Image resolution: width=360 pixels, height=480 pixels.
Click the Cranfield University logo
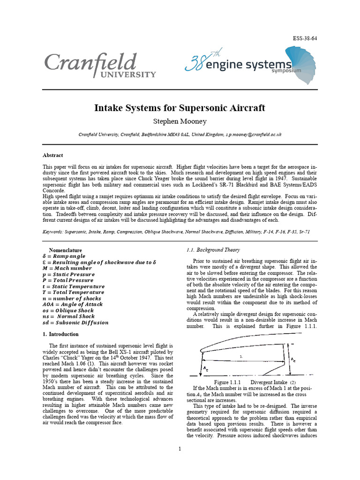pyautogui.click(x=100, y=66)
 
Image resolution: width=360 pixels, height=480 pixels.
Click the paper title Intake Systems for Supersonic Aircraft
pyautogui.click(x=180, y=108)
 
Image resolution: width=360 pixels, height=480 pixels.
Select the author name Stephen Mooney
pyautogui.click(x=180, y=121)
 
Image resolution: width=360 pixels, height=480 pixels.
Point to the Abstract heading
pyautogui.click(x=53, y=155)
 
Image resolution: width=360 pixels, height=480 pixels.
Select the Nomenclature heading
pyautogui.click(x=65, y=250)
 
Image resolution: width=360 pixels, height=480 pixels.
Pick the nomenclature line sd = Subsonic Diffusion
pyautogui.click(x=75, y=322)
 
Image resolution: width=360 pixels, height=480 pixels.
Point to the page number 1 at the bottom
pyautogui.click(x=180, y=450)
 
